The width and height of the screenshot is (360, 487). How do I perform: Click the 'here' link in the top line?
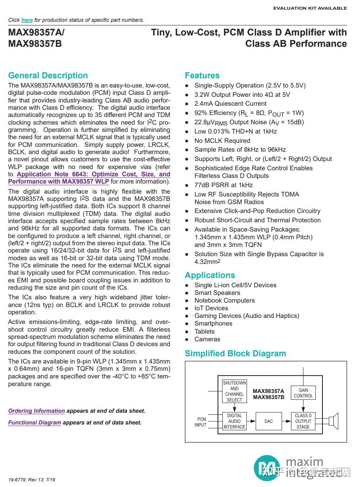tap(27, 20)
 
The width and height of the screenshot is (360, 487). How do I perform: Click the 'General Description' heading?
tap(48, 75)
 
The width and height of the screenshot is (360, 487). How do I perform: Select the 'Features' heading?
tap(202, 75)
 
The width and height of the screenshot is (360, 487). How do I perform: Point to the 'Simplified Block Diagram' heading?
tap(235, 353)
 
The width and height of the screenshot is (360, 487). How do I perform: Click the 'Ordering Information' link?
tap(36, 411)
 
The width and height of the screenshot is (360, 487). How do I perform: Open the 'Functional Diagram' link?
tap(35, 422)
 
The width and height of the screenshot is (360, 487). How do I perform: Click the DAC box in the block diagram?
tap(268, 421)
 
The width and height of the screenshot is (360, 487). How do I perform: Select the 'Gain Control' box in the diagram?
tap(303, 393)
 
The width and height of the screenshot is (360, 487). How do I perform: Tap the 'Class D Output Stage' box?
tap(303, 421)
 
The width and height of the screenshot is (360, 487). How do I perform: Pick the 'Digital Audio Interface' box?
tap(234, 421)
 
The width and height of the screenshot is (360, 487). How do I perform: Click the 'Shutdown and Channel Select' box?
tap(234, 391)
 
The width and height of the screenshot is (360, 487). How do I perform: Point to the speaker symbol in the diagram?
tap(333, 421)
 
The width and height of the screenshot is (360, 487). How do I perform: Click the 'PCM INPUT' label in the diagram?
tap(201, 422)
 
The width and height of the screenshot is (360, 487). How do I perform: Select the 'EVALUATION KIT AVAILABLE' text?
tap(310, 8)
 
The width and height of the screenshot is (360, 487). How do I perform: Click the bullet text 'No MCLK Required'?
tap(222, 140)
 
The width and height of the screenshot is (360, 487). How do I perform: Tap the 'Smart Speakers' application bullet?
tap(217, 293)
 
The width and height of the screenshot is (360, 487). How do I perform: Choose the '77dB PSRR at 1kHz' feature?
tap(224, 185)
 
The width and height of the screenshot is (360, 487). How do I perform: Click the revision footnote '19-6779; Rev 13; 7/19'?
tap(32, 480)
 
